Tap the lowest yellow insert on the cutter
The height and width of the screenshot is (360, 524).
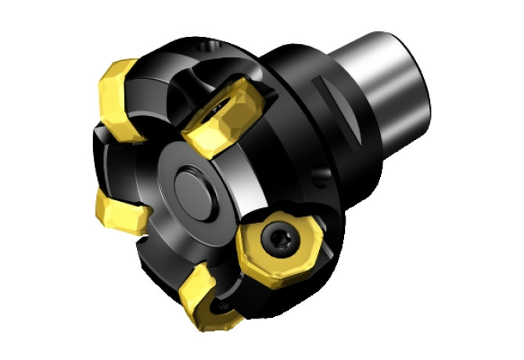click(x=205, y=295)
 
